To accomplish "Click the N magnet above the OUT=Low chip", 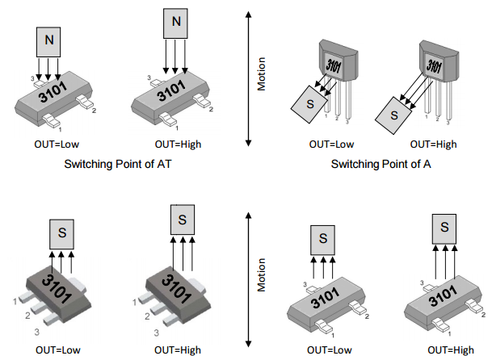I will click(49, 39).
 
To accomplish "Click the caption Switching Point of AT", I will click(120, 164).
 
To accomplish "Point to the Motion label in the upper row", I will click(261, 74).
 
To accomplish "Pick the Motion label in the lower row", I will click(261, 274).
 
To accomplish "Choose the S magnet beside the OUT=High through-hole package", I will click(395, 114).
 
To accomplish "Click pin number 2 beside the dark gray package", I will click(28, 315).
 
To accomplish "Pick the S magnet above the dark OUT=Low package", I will click(61, 235).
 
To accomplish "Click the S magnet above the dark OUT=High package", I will click(183, 219).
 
